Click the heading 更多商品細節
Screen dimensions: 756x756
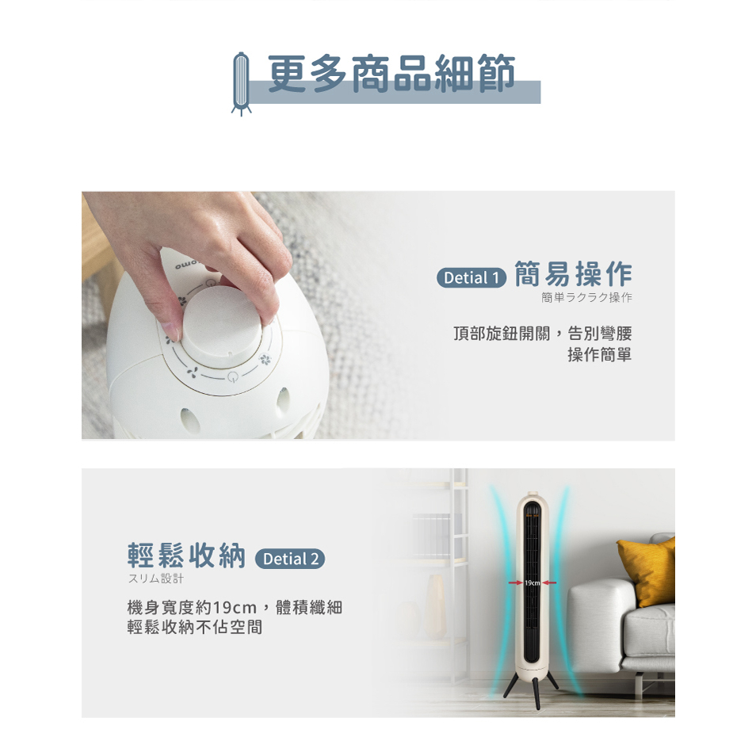pos(391,73)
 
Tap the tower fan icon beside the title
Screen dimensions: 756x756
pos(241,83)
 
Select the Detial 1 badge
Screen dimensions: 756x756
pos(471,277)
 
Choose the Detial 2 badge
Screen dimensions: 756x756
pos(290,559)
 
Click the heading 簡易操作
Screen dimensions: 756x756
pos(573,274)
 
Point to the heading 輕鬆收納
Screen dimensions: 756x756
pos(186,555)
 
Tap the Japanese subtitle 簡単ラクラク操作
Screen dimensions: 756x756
pos(586,297)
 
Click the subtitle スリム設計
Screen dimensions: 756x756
pos(156,578)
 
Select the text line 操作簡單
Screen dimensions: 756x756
pos(599,355)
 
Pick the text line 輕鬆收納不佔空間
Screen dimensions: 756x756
pos(195,627)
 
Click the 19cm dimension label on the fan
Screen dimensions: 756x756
pos(533,583)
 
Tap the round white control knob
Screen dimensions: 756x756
pos(221,319)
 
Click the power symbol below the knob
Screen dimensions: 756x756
pos(232,377)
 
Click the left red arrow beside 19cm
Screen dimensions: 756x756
pos(516,583)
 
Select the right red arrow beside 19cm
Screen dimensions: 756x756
pos(548,583)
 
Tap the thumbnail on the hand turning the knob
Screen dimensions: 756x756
pos(172,333)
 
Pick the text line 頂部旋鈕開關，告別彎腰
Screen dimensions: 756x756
pos(542,333)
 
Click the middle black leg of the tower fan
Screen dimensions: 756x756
pos(536,693)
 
